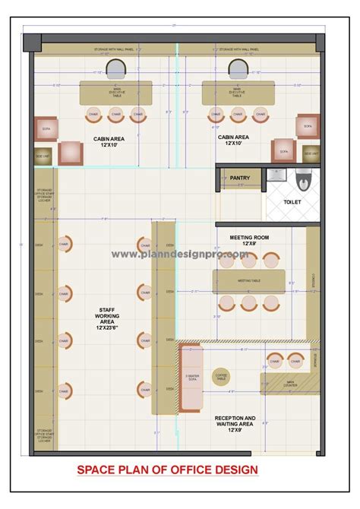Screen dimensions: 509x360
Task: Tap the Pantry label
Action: click(240, 176)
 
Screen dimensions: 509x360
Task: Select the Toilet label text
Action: click(292, 202)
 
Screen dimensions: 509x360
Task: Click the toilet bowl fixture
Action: click(303, 180)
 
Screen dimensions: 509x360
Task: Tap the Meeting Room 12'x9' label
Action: click(248, 240)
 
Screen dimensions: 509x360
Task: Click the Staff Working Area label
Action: click(106, 318)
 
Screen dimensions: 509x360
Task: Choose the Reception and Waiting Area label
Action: click(234, 422)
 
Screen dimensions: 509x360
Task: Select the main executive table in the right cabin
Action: click(236, 93)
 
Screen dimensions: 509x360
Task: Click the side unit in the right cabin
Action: click(311, 153)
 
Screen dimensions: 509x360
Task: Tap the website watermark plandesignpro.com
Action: click(180, 255)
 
